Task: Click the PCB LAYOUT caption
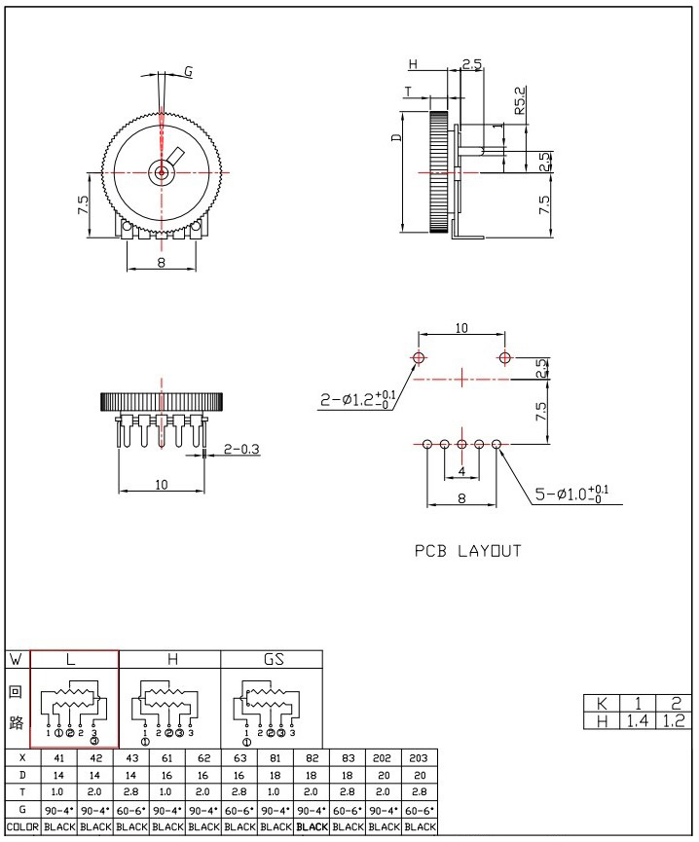tap(467, 551)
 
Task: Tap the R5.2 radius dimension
tap(520, 100)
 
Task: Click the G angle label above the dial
tap(189, 71)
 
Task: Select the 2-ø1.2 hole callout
tap(358, 399)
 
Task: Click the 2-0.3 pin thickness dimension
tap(241, 449)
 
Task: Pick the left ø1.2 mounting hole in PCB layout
tap(419, 357)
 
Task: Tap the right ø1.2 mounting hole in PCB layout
tap(504, 357)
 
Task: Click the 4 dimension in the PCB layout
tap(461, 472)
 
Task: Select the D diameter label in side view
tap(396, 137)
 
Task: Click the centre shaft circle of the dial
tap(161, 172)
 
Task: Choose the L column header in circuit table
tap(70, 659)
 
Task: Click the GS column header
tap(274, 659)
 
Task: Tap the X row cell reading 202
tap(382, 758)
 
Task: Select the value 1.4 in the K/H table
tap(638, 720)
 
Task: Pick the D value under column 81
tap(275, 776)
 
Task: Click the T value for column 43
tap(131, 792)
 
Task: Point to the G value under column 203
tap(420, 810)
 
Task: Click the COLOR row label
tap(22, 827)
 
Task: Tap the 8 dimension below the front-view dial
tap(161, 262)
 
